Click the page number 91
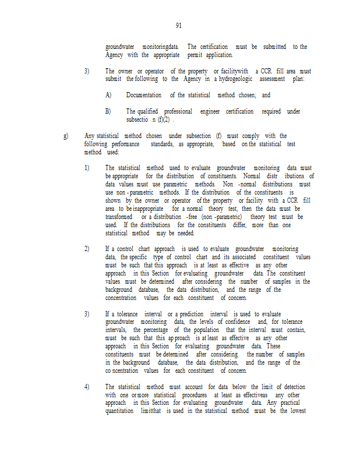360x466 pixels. pyautogui.click(x=179, y=26)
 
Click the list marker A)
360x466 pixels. pyautogui.click(x=108, y=95)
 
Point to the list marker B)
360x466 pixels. pyautogui.click(x=108, y=111)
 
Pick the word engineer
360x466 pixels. pyautogui.click(x=210, y=111)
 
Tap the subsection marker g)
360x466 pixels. pyautogui.click(x=66, y=136)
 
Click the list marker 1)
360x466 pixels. pyautogui.click(x=87, y=168)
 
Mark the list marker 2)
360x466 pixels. pyautogui.click(x=87, y=249)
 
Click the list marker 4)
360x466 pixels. pyautogui.click(x=87, y=387)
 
